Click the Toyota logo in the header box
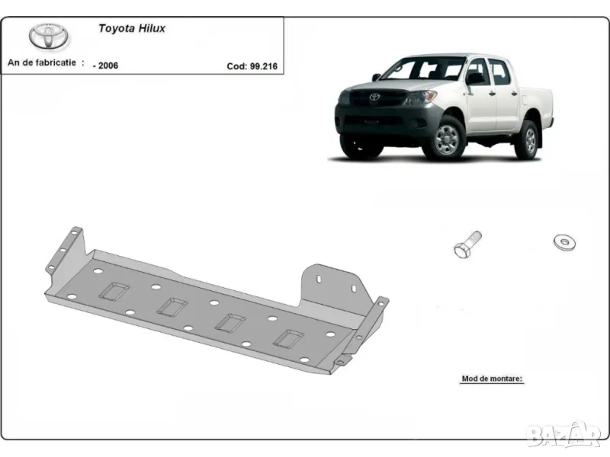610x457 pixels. click(x=49, y=37)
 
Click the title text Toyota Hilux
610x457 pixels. click(x=132, y=28)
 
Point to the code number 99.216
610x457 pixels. click(x=264, y=66)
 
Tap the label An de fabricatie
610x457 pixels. click(x=42, y=62)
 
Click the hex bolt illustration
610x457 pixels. click(x=467, y=244)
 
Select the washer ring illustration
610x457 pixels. click(x=564, y=242)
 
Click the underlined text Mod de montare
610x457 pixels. click(x=492, y=379)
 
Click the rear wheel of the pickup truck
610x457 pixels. click(x=528, y=140)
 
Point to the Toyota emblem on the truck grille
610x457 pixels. click(x=374, y=97)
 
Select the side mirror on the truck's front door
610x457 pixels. click(x=474, y=79)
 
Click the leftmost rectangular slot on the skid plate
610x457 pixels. click(x=114, y=291)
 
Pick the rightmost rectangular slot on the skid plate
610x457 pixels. click(x=288, y=338)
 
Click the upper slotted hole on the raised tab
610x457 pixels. click(x=319, y=279)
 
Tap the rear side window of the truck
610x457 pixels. click(x=499, y=72)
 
